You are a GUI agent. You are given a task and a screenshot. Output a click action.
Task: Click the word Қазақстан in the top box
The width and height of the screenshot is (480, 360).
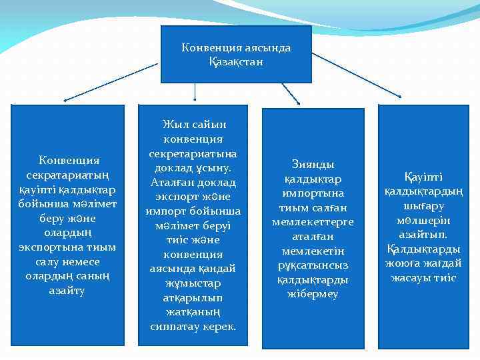pos(236,62)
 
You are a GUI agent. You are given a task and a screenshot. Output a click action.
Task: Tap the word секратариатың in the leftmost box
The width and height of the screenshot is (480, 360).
pos(68,175)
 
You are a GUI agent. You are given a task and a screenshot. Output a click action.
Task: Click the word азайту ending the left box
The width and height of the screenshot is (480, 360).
pos(67,291)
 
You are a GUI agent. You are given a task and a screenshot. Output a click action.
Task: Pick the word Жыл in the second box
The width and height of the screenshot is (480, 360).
pos(175,124)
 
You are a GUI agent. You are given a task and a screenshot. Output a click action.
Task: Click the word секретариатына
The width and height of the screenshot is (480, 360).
pos(193,153)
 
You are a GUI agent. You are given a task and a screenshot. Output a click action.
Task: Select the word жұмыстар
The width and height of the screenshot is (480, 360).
pos(193,284)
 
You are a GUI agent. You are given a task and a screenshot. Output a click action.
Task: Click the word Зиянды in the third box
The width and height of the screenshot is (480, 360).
pos(313,164)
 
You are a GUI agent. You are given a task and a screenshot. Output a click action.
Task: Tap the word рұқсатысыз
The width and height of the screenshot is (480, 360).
pos(313,265)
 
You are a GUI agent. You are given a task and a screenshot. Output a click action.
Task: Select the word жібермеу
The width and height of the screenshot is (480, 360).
pos(313,294)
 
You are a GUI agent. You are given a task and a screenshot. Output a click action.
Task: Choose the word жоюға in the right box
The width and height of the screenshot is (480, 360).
pos(406,264)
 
